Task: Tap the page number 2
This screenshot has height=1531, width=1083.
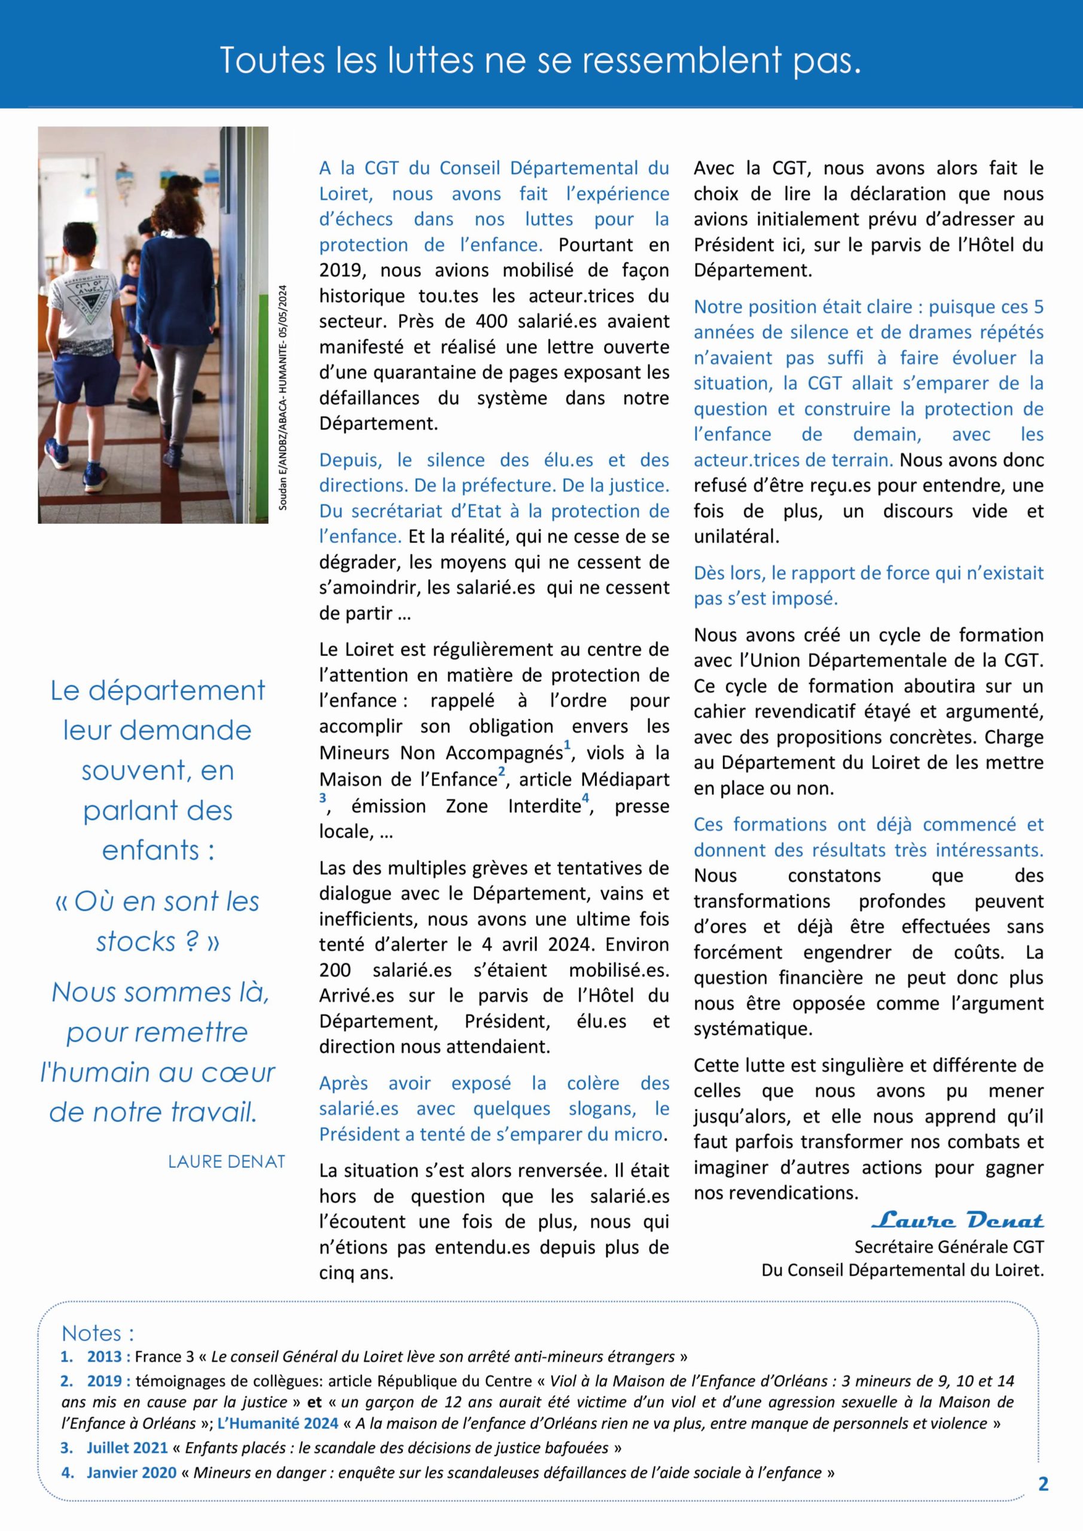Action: click(x=1044, y=1484)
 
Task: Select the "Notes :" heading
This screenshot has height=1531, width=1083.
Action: click(x=97, y=1333)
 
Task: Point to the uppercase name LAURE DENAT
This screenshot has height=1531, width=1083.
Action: click(x=226, y=1161)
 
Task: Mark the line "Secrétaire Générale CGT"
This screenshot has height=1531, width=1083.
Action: click(x=948, y=1246)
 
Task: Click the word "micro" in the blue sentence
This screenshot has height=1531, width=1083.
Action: click(x=645, y=1134)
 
